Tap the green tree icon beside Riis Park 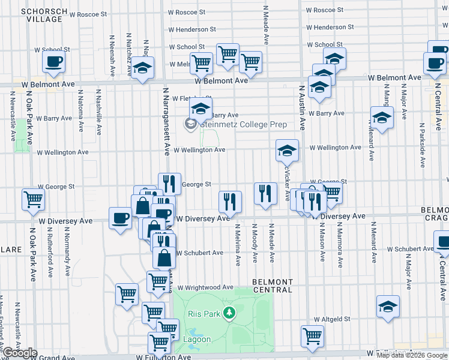coord(228,313)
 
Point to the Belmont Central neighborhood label coord(273,286)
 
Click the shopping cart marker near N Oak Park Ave coord(33,199)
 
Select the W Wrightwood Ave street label coord(205,287)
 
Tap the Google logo coord(20,353)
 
